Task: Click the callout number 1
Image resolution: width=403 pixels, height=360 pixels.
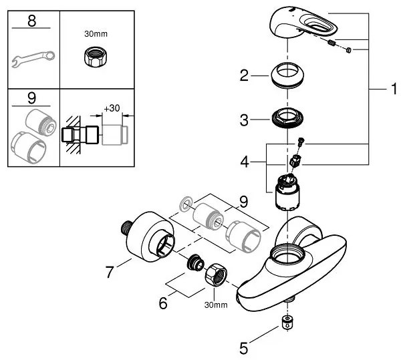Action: (x=394, y=89)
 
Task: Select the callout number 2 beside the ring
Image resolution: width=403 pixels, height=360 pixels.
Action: (x=244, y=75)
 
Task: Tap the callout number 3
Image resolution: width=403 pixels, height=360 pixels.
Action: (x=244, y=120)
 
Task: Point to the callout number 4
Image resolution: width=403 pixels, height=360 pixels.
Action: (x=245, y=162)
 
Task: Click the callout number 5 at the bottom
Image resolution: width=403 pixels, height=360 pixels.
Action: (x=244, y=348)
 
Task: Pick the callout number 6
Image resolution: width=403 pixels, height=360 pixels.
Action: (x=163, y=303)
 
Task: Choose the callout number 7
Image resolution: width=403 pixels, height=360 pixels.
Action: (x=110, y=272)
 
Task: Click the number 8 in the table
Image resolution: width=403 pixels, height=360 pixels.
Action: (x=31, y=21)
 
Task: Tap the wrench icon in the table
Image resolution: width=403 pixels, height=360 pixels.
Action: (x=33, y=59)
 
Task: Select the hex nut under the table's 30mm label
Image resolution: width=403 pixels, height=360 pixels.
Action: (x=96, y=57)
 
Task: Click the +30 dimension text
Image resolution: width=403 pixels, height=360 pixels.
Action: (x=112, y=108)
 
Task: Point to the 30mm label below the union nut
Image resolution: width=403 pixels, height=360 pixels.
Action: (x=216, y=305)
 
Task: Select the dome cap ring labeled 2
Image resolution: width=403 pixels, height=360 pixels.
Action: (x=287, y=75)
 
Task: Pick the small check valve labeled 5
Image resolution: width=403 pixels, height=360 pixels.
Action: (x=287, y=323)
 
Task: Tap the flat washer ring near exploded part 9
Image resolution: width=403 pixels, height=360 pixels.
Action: (x=186, y=204)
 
